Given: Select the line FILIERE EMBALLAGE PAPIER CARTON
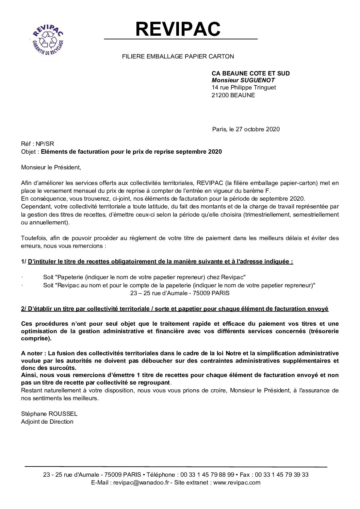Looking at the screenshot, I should (178, 56).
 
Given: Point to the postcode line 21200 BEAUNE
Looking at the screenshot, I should (233, 95).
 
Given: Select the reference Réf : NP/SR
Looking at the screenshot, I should (37, 144).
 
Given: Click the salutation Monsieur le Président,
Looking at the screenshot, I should (51, 167).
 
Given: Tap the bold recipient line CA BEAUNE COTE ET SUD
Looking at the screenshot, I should (251, 73).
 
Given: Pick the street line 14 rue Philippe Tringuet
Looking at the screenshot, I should (244, 88).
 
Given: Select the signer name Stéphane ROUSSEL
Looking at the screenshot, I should (49, 414).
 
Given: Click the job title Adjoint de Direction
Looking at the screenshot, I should (47, 422).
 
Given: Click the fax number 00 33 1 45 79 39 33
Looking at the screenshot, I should (284, 475).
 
